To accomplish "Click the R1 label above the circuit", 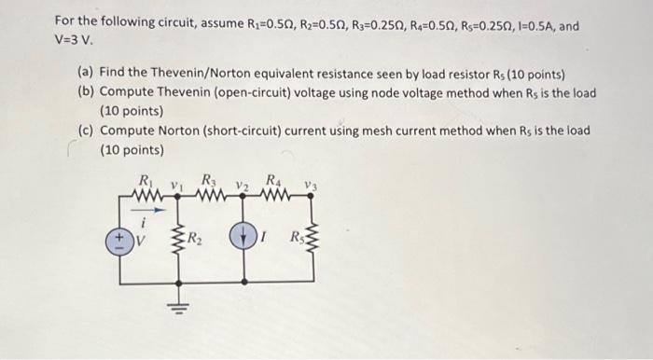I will (x=144, y=181).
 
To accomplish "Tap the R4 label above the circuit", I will (x=273, y=180).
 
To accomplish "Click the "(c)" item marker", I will (x=87, y=131).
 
